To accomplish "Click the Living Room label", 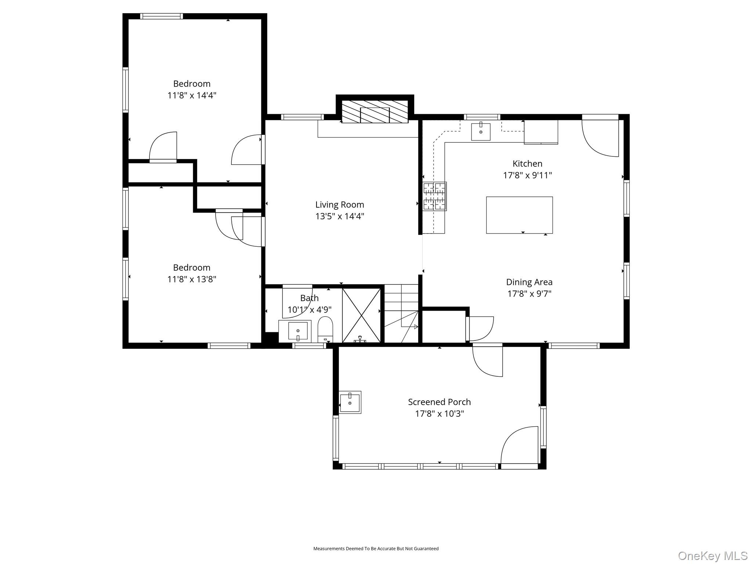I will [339, 205].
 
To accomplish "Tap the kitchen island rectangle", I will [519, 215].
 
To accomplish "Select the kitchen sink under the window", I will [481, 132].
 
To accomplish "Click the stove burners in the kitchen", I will [434, 196].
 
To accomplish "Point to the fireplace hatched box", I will [375, 112].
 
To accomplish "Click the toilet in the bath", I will [325, 329].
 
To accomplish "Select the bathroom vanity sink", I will [297, 331].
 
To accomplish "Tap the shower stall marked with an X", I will [362, 315].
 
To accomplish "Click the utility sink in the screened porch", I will [350, 402].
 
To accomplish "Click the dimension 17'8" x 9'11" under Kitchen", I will [527, 175].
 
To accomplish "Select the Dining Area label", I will [529, 282].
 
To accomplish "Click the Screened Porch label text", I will [439, 402].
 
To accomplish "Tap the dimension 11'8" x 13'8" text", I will [192, 279].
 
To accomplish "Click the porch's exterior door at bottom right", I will [519, 446].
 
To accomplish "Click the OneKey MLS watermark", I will [712, 556].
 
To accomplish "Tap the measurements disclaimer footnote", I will [376, 549].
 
